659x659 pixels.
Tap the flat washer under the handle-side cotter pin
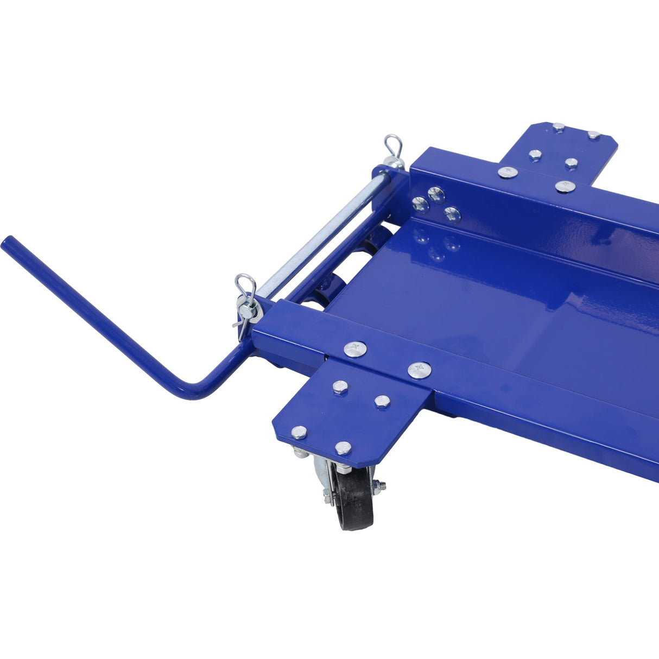point(253,313)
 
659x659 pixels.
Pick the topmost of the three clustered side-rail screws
point(435,193)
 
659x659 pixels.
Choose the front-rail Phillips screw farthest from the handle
point(420,370)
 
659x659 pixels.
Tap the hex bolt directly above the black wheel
point(343,447)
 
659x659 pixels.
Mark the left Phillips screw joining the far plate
point(507,172)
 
